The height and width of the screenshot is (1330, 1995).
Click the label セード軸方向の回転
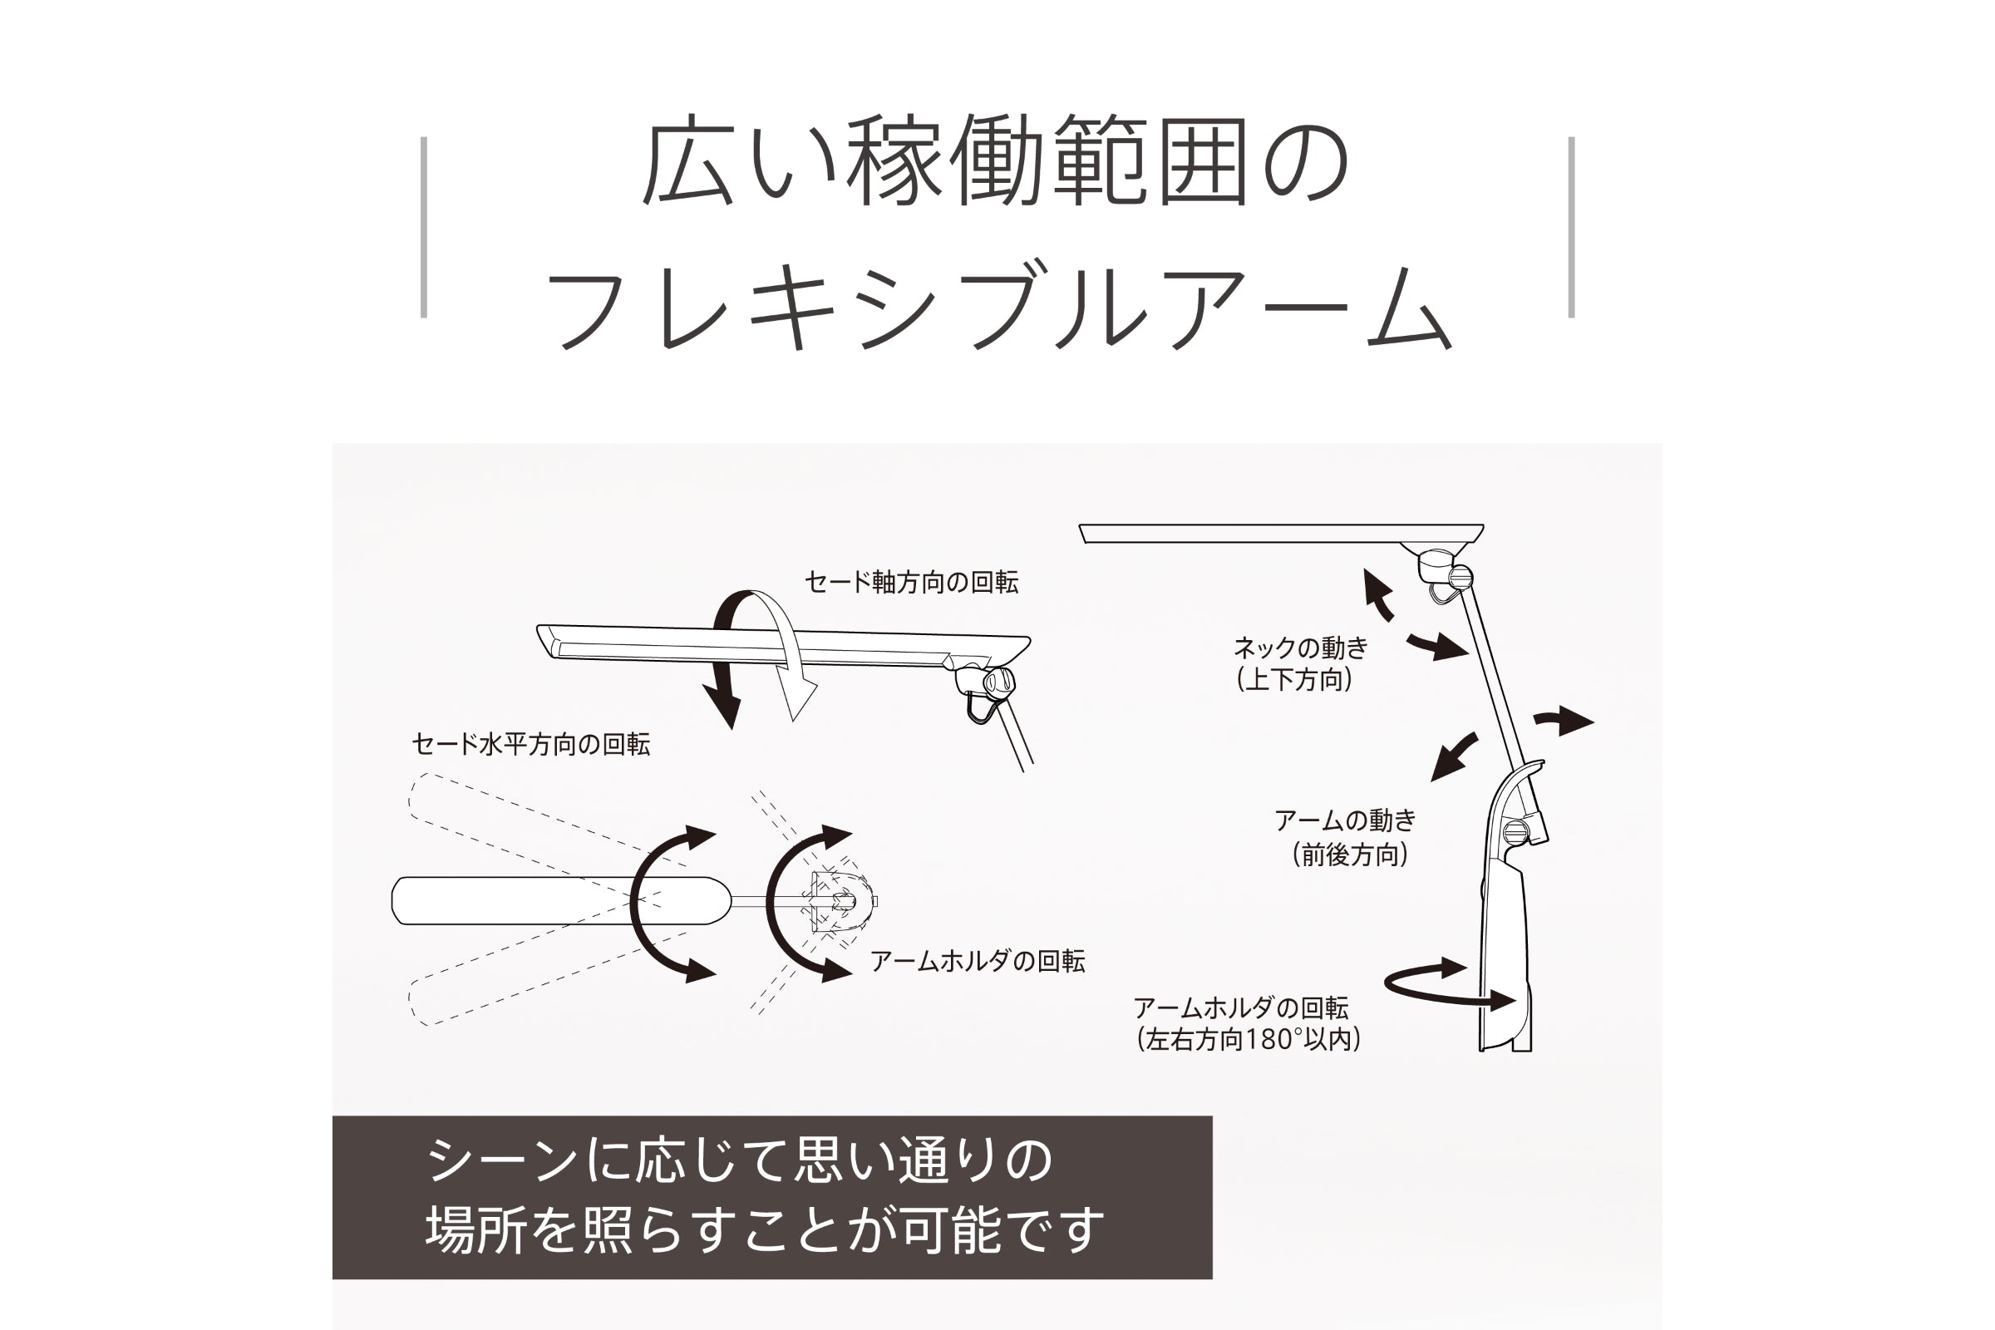pyautogui.click(x=911, y=583)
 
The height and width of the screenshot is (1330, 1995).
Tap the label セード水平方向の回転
pyautogui.click(x=531, y=745)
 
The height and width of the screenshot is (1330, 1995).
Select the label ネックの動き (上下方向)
pyautogui.click(x=1300, y=664)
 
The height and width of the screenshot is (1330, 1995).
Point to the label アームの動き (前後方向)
pyautogui.click(x=1346, y=837)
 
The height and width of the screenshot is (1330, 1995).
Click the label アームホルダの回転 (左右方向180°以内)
pyautogui.click(x=1247, y=1024)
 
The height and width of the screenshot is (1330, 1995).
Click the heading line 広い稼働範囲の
pyautogui.click(x=996, y=163)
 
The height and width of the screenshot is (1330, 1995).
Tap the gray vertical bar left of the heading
pyautogui.click(x=424, y=227)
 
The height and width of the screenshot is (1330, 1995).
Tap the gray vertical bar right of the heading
pyautogui.click(x=1571, y=227)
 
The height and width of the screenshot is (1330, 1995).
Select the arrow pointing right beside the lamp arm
pyautogui.click(x=1564, y=721)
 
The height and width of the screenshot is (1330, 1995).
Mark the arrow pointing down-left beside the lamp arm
pyautogui.click(x=1454, y=757)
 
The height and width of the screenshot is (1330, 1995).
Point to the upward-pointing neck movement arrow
pyautogui.click(x=1377, y=595)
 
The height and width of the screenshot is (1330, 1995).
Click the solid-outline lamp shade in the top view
pyautogui.click(x=560, y=900)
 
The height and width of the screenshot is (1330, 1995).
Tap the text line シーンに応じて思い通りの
pyautogui.click(x=739, y=1160)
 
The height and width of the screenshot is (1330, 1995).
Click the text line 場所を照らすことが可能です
pyautogui.click(x=765, y=1230)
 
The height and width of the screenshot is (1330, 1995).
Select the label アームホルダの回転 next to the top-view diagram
pyautogui.click(x=978, y=961)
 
